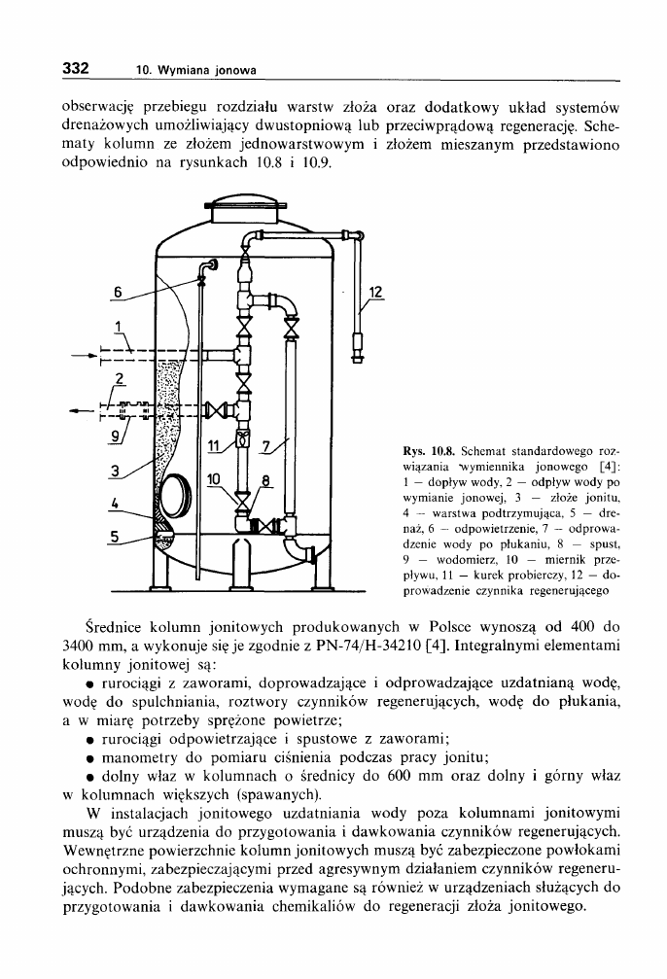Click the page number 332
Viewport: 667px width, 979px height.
(x=76, y=68)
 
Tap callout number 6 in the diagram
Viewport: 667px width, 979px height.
(x=118, y=291)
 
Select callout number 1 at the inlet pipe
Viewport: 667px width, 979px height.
(x=119, y=327)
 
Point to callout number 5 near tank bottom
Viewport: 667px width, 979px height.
(x=115, y=536)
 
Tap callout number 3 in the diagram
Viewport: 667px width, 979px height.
(x=115, y=472)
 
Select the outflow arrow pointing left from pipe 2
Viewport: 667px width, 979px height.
(x=75, y=410)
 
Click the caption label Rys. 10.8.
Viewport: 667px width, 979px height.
(x=423, y=453)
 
